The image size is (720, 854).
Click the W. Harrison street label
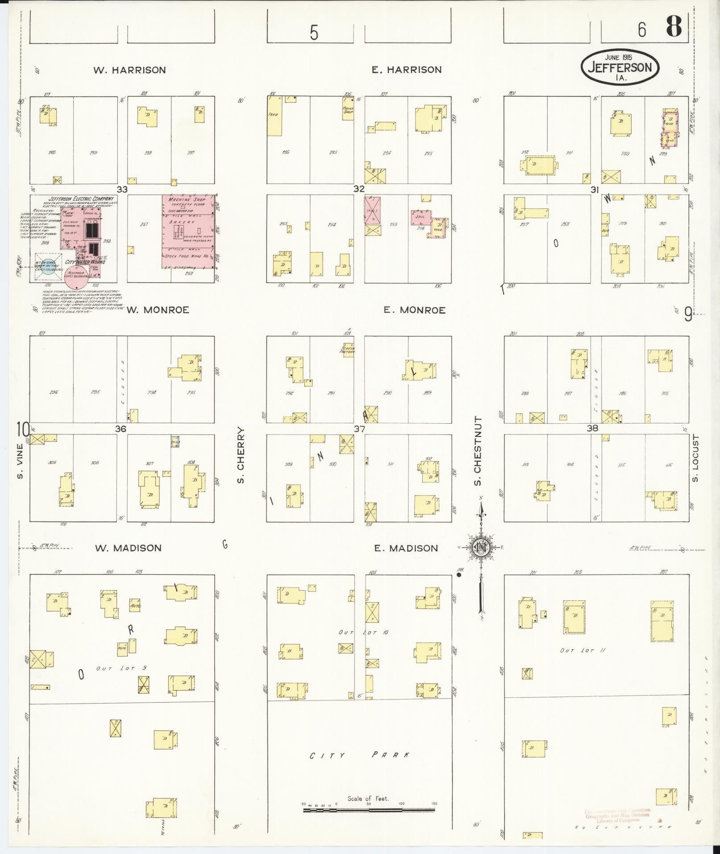pyautogui.click(x=129, y=70)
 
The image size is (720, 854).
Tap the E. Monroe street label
pyautogui.click(x=414, y=310)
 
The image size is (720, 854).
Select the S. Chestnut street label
pyautogui.click(x=478, y=451)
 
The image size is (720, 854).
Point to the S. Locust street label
pyautogui.click(x=694, y=458)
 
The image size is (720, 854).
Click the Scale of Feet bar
pyautogui.click(x=369, y=809)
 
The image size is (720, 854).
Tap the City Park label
pyautogui.click(x=359, y=755)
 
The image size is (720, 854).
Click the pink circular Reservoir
pyautogui.click(x=76, y=278)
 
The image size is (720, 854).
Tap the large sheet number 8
pyautogui.click(x=674, y=27)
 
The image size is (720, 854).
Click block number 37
pyautogui.click(x=359, y=429)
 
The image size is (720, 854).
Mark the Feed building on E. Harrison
pyautogui.click(x=274, y=116)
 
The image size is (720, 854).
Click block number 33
pyautogui.click(x=122, y=189)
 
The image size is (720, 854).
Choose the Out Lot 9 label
pyautogui.click(x=121, y=668)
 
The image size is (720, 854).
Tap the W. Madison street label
pyautogui.click(x=128, y=548)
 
